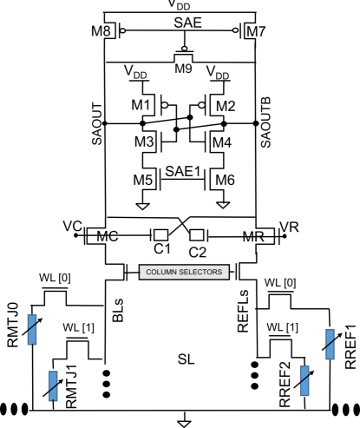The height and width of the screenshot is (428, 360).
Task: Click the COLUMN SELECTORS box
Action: click(x=184, y=272)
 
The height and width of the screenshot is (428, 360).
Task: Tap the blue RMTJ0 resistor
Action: click(x=32, y=329)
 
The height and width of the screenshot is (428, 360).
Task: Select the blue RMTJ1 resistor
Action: click(x=53, y=385)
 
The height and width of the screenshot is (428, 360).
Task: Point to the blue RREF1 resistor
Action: click(x=330, y=344)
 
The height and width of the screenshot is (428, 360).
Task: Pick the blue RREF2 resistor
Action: click(x=304, y=380)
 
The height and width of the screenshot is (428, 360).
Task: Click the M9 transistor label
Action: click(x=183, y=69)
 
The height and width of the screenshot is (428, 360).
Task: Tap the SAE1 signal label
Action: click(x=183, y=171)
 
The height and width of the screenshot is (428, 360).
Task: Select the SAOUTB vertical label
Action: click(x=265, y=122)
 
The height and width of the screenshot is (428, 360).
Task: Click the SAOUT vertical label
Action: click(x=97, y=123)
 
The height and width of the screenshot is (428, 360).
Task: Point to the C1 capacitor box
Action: click(x=160, y=235)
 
